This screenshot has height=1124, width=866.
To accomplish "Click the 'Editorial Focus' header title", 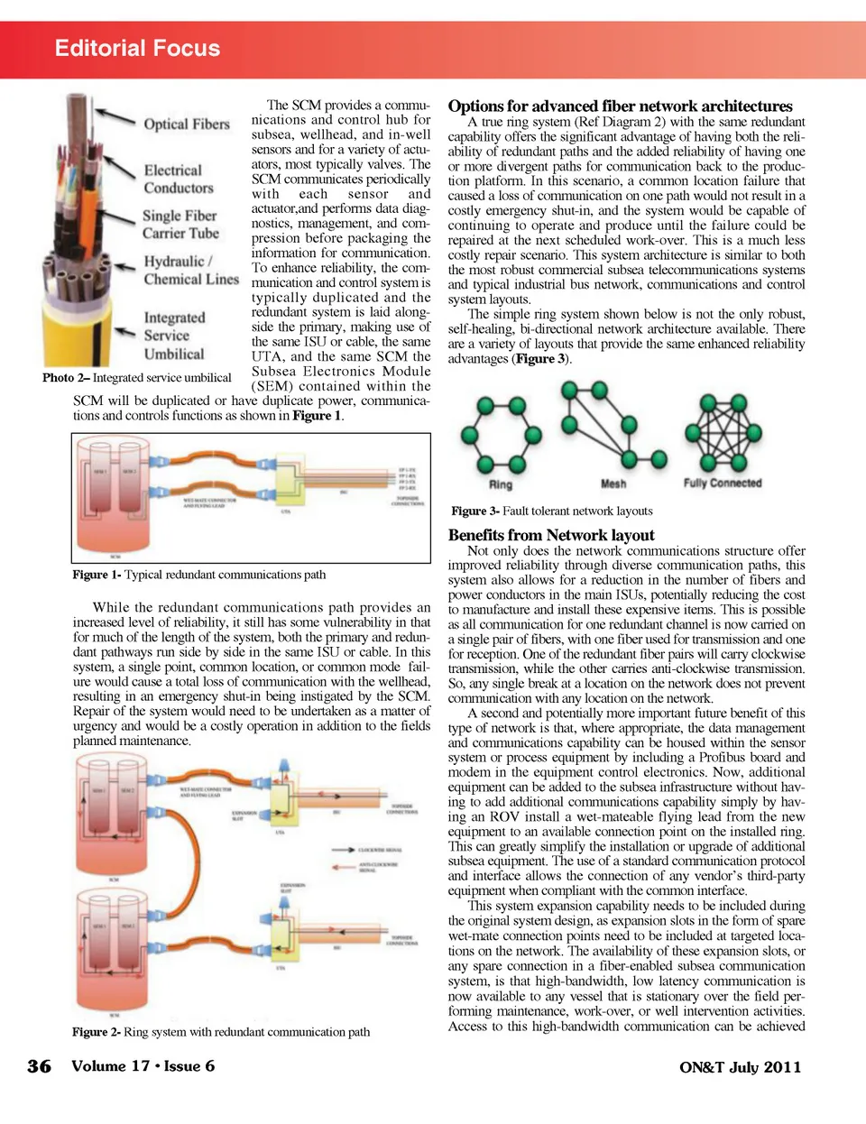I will click(x=137, y=49).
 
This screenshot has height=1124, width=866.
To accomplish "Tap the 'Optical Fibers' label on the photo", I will click(x=187, y=124).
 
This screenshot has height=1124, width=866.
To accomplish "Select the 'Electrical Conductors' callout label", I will click(x=179, y=179).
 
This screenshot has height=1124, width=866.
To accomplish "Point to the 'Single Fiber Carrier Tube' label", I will click(x=180, y=225).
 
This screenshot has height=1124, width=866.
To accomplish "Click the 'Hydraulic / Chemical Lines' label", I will click(x=190, y=270).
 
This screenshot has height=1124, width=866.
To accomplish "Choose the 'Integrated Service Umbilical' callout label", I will click(x=174, y=336).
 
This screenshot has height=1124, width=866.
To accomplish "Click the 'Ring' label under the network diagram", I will click(x=500, y=484).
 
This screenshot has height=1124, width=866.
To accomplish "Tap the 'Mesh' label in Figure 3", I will click(x=613, y=484).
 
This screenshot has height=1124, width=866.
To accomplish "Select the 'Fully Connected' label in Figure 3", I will click(x=723, y=484).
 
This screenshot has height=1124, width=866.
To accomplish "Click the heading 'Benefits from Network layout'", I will click(x=551, y=535).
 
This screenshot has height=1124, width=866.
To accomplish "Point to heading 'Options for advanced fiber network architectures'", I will click(x=620, y=106).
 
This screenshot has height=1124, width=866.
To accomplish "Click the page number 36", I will click(x=40, y=1066).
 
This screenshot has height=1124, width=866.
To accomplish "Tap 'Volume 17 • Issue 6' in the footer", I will click(x=143, y=1065).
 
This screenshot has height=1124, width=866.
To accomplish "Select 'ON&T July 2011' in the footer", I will click(x=740, y=1067).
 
